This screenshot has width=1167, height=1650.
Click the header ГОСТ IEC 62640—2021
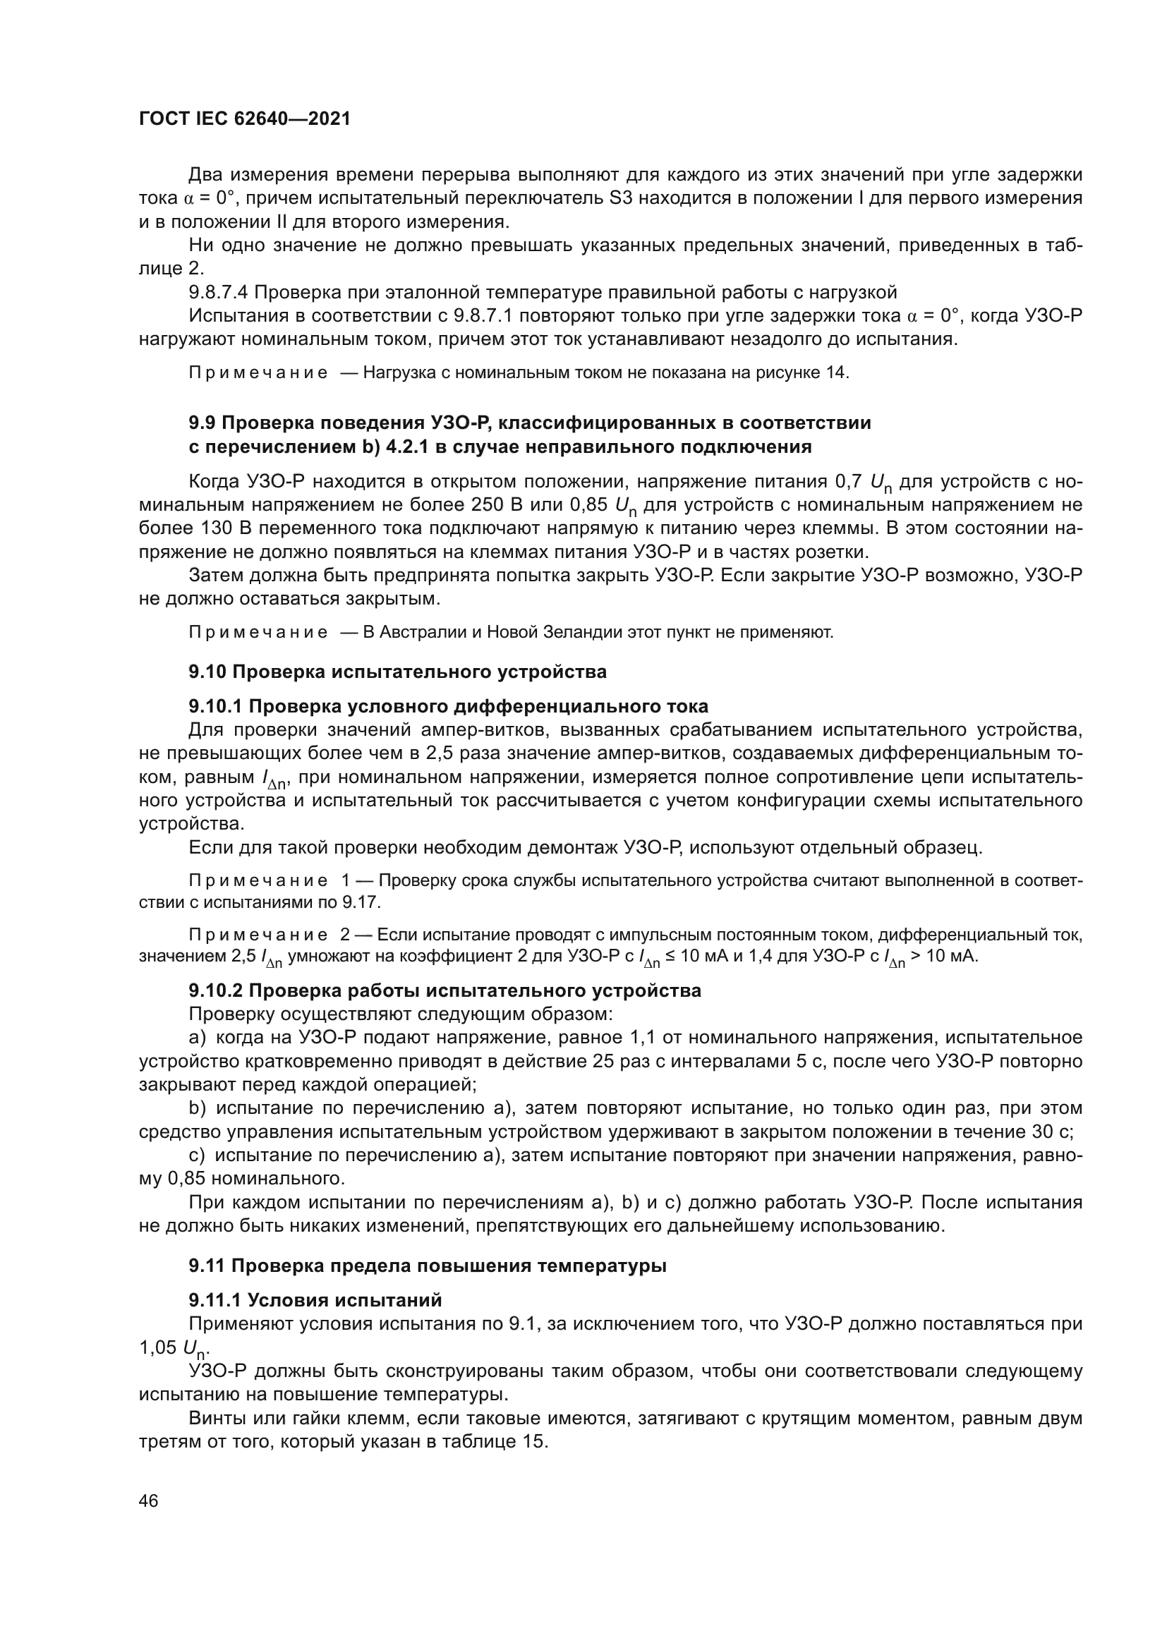[x=244, y=119]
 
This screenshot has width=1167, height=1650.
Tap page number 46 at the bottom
[x=149, y=1500]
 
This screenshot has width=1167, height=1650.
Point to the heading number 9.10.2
[x=215, y=990]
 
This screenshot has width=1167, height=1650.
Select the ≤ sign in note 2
[x=670, y=957]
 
